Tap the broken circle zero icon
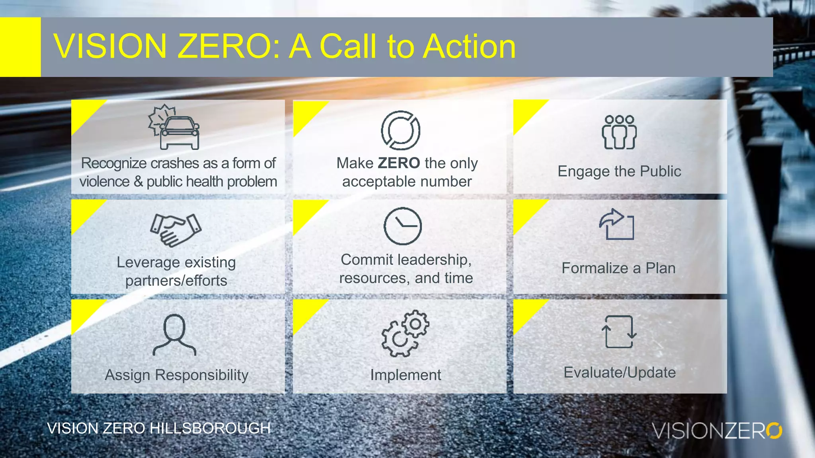click(400, 130)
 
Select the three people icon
click(619, 132)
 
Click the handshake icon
click(176, 230)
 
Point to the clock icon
click(402, 226)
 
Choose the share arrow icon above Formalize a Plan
click(616, 224)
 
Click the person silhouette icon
click(174, 335)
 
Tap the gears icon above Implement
click(405, 333)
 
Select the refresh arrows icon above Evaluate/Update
click(619, 332)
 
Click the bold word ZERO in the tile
click(399, 163)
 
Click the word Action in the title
click(469, 47)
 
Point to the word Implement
click(406, 375)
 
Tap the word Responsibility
click(201, 375)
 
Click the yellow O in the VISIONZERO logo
click(774, 431)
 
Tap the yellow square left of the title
click(20, 47)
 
